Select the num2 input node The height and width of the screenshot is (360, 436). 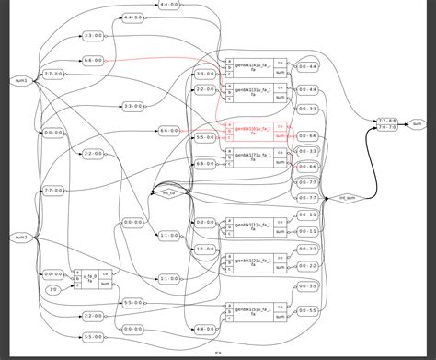(x=19, y=238)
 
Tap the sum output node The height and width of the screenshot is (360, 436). (x=417, y=122)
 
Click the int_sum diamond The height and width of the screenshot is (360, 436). (x=348, y=197)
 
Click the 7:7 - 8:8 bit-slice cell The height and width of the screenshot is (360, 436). (x=388, y=120)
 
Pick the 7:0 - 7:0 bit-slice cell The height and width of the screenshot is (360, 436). (x=388, y=127)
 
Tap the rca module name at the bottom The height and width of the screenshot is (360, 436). (x=217, y=354)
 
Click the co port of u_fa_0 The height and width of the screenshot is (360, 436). (x=105, y=273)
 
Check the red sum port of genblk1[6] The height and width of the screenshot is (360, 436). (x=280, y=134)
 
